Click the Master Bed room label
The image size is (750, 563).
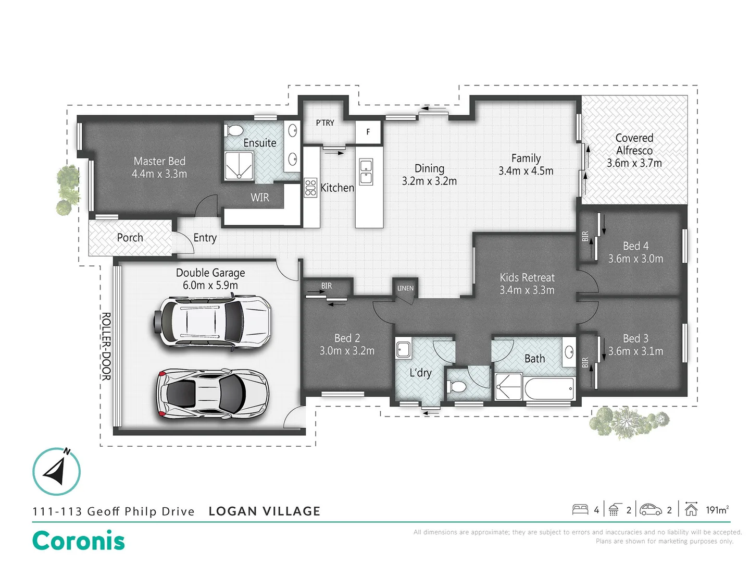pyautogui.click(x=159, y=162)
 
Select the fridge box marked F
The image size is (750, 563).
pyautogui.click(x=368, y=132)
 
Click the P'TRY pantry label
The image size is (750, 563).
pyautogui.click(x=325, y=123)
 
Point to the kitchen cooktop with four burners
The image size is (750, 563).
pyautogui.click(x=311, y=188)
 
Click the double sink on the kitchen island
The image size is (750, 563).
pyautogui.click(x=366, y=172)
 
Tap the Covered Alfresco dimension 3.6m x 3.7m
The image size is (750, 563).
pyautogui.click(x=634, y=163)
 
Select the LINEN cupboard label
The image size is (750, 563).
pyautogui.click(x=405, y=288)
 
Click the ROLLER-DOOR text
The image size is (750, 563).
pyautogui.click(x=106, y=346)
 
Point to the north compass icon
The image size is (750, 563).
pyautogui.click(x=57, y=471)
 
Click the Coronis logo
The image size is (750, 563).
pyautogui.click(x=79, y=541)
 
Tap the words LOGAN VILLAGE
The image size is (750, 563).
pyautogui.click(x=264, y=511)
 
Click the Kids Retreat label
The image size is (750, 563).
pyautogui.click(x=527, y=278)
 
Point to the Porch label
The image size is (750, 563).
pyautogui.click(x=130, y=238)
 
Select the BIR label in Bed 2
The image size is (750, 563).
pyautogui.click(x=327, y=286)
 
